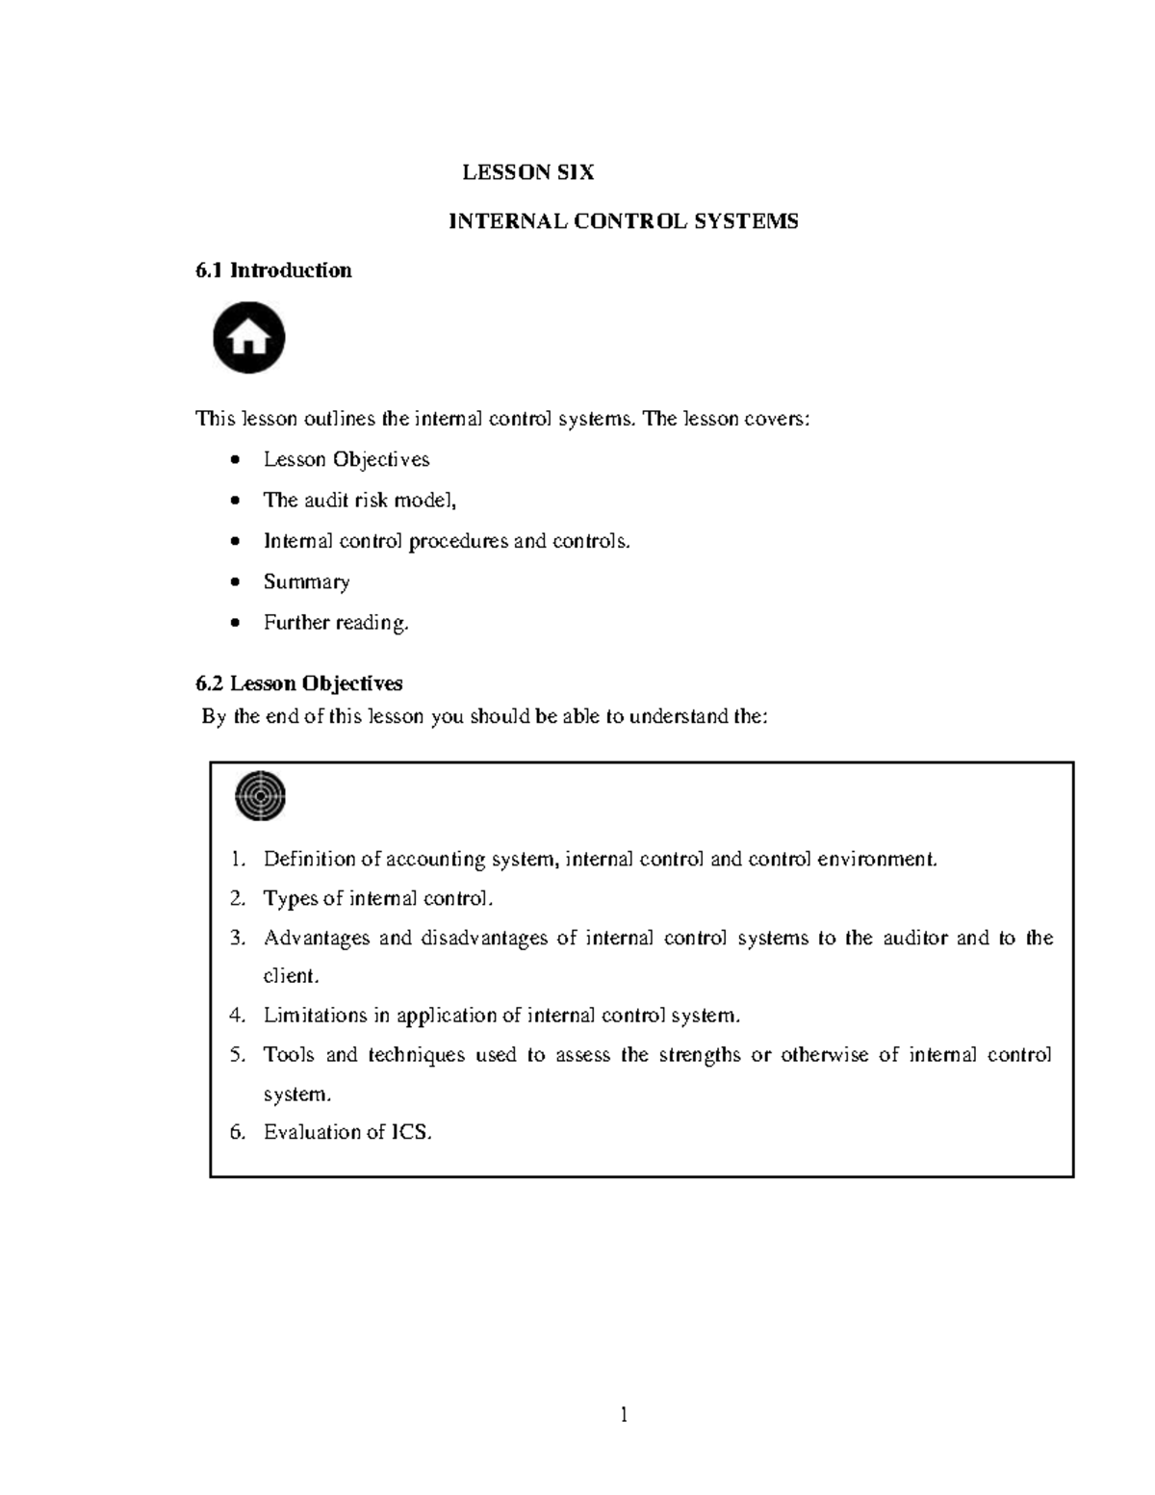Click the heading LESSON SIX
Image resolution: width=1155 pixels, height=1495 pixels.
[527, 172]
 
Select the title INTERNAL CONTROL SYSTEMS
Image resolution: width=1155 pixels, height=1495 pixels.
[624, 221]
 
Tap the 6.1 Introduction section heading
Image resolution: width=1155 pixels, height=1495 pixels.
[273, 271]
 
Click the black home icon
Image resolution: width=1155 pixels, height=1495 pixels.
[248, 338]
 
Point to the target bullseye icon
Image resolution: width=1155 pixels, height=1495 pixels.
[260, 796]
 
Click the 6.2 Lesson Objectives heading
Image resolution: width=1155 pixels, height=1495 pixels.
[298, 683]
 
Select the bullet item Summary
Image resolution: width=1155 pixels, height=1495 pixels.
[306, 581]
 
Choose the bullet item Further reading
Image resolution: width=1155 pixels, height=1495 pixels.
[336, 623]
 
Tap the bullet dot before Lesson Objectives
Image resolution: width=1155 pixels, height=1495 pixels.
[236, 460]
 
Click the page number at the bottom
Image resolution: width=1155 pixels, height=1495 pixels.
[624, 1414]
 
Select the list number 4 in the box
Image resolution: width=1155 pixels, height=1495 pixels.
[237, 1016]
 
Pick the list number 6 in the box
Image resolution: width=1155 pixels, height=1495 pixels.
[237, 1132]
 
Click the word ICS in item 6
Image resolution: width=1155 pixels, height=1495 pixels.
[410, 1132]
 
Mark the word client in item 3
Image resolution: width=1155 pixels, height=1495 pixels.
[290, 976]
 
